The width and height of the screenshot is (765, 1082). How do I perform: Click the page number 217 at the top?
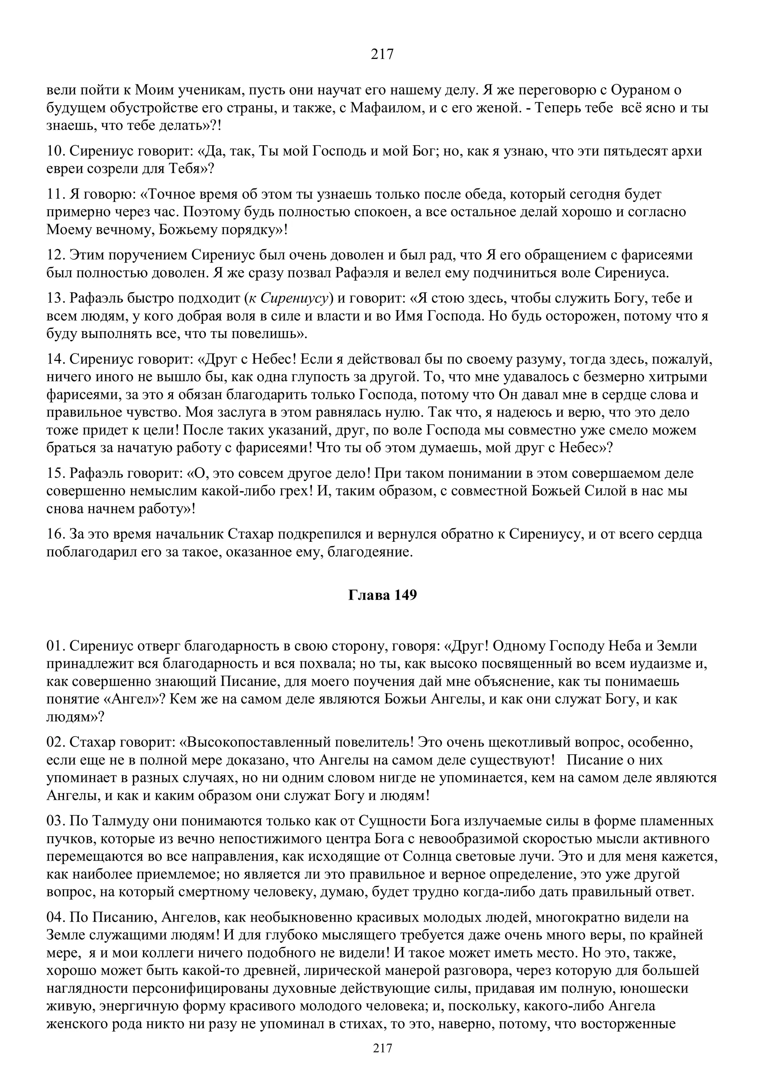click(382, 54)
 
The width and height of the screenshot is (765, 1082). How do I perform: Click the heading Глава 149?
click(382, 595)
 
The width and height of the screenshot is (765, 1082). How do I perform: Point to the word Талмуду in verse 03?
click(113, 821)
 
